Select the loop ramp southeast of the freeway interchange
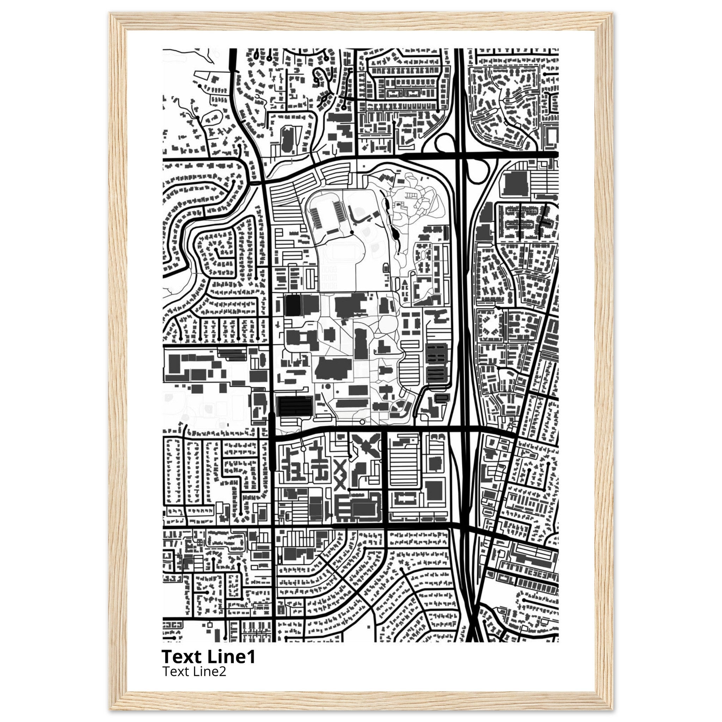479,171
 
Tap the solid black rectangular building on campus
293,305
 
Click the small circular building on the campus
328,386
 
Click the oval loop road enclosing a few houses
212,117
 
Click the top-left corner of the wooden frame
111,13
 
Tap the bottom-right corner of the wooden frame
612,709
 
